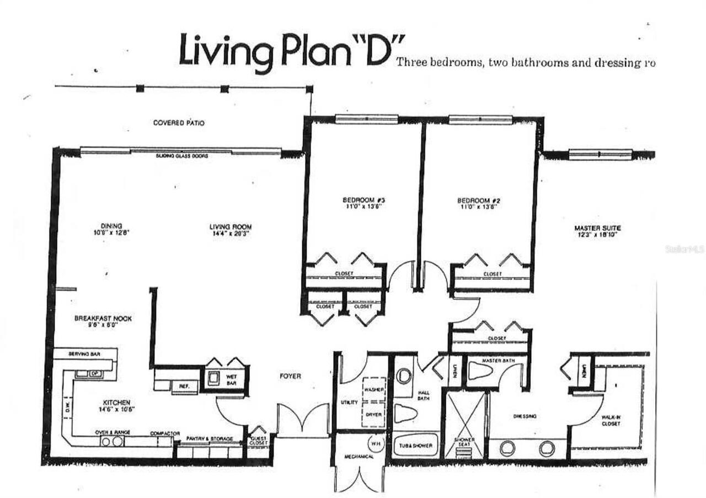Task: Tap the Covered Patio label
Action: (x=179, y=123)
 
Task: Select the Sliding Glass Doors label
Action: (x=181, y=156)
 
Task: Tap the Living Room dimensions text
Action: (x=231, y=234)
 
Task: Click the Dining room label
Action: (x=108, y=226)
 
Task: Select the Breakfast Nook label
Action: (x=103, y=318)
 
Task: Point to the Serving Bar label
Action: (x=83, y=353)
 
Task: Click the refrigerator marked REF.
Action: (x=184, y=387)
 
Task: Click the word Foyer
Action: (x=290, y=376)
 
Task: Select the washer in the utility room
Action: (x=375, y=389)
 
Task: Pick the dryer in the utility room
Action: (x=375, y=414)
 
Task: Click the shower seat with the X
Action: (x=464, y=424)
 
